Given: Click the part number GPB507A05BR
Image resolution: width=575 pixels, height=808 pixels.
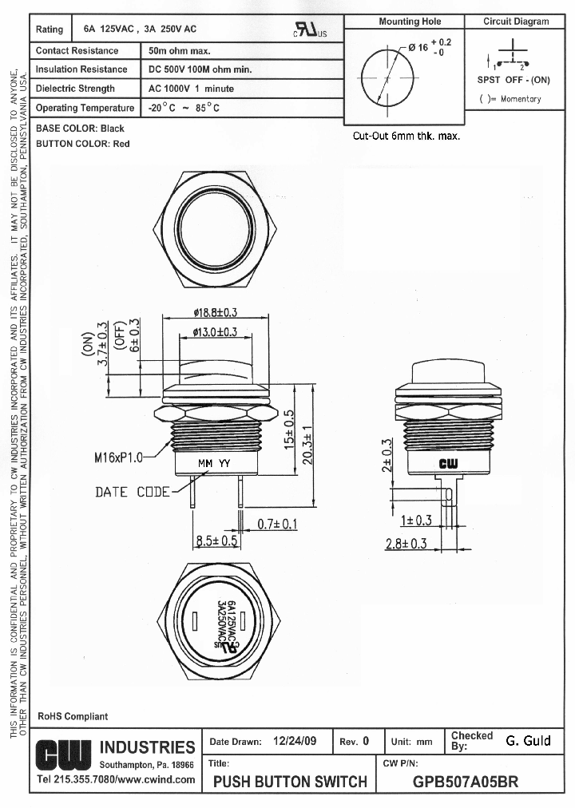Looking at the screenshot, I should coord(466,782).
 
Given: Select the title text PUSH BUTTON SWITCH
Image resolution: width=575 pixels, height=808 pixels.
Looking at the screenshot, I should coord(291,782).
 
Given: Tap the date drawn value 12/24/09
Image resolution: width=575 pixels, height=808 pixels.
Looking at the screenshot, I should coord(295,741).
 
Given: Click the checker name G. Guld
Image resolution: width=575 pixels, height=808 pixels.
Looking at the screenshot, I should coord(528,741).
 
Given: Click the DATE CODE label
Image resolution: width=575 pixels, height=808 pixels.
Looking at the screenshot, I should coord(133,492).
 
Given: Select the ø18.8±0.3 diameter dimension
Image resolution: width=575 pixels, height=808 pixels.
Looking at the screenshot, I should coord(216,312).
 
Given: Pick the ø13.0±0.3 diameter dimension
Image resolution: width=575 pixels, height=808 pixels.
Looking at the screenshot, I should coord(216,331).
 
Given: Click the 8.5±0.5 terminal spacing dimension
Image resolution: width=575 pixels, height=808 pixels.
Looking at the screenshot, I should coord(217,541).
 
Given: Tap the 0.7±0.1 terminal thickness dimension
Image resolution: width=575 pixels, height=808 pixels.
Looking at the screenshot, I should coord(278,524).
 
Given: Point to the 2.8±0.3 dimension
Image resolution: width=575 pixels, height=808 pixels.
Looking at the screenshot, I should coord(406,544).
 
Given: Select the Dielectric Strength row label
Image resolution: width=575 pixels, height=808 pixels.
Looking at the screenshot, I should coord(75,89).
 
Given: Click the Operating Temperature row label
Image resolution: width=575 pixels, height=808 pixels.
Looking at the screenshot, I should coord(85,108).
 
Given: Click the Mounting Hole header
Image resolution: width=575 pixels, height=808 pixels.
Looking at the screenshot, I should coord(410,22).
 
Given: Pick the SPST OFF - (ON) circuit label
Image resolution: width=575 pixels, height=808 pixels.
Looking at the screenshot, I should coord(514,80).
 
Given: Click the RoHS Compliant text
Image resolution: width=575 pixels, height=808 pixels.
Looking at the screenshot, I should coord(73,716).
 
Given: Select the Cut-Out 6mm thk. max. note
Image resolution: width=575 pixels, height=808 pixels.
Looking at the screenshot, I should coord(406,136).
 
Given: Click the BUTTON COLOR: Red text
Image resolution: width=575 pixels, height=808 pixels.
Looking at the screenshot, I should coord(82,144).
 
